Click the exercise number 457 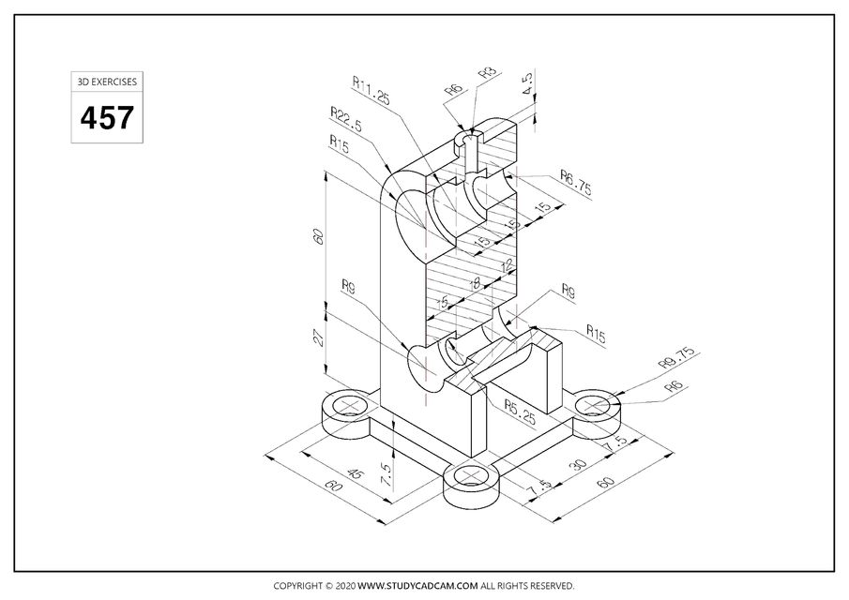pos(106,119)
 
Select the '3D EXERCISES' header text pos(106,82)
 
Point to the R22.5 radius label pos(347,117)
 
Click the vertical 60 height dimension pos(318,236)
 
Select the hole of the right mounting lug pos(597,405)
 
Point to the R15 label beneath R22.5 pos(340,142)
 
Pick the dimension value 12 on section pos(508,265)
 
